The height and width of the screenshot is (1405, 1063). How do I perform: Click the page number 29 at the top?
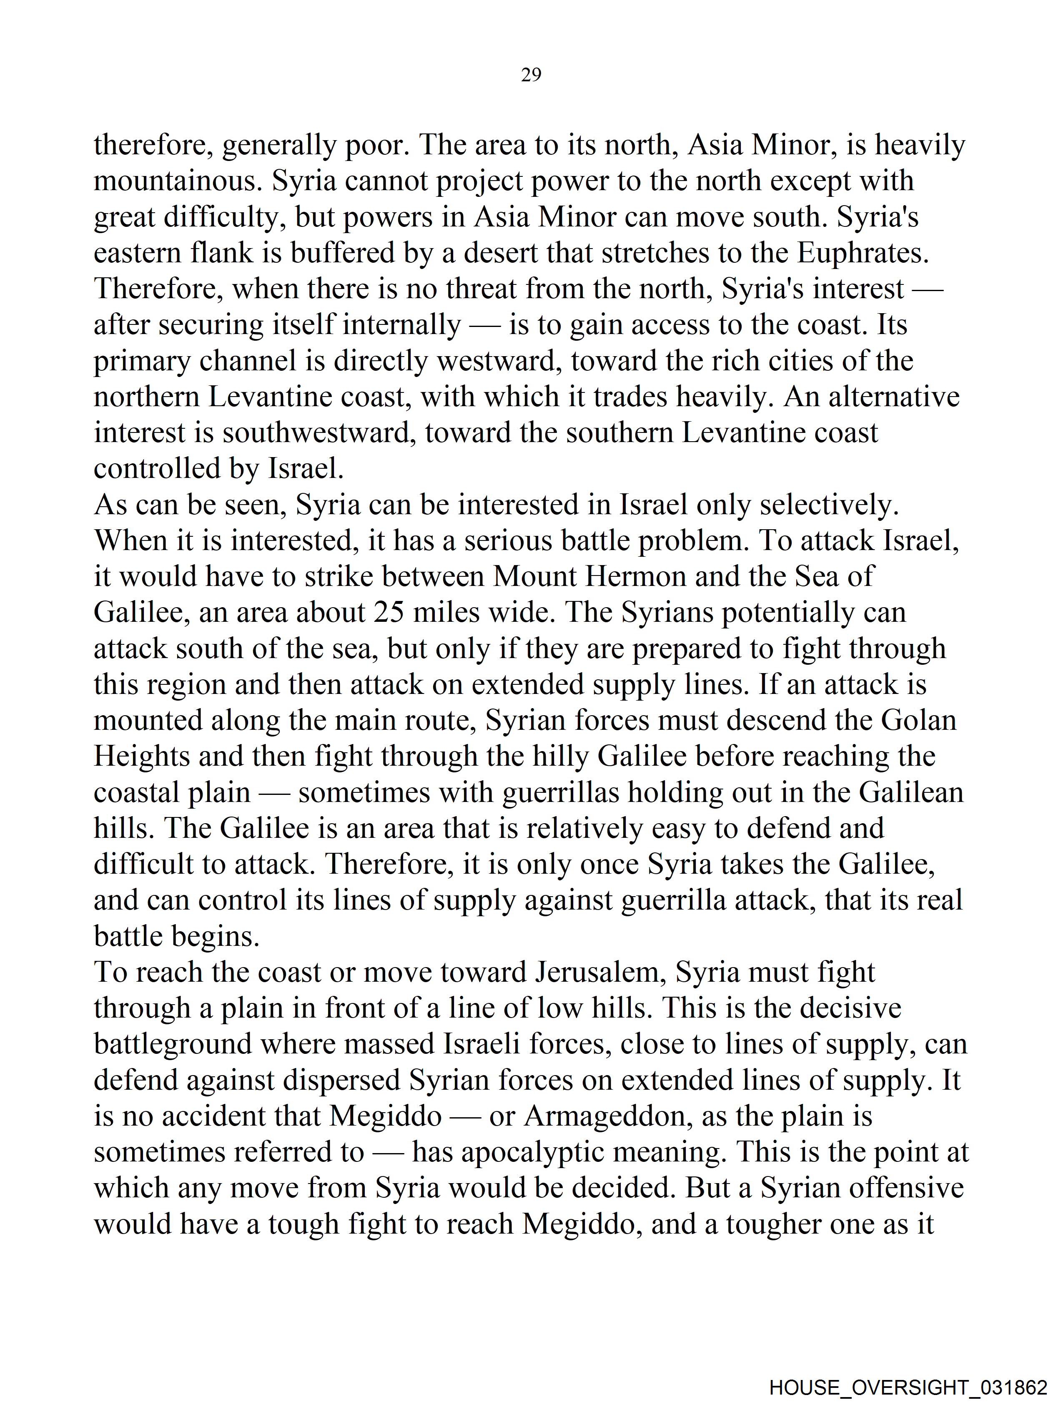click(x=531, y=75)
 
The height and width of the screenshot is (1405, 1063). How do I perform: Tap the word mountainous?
click(x=178, y=181)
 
